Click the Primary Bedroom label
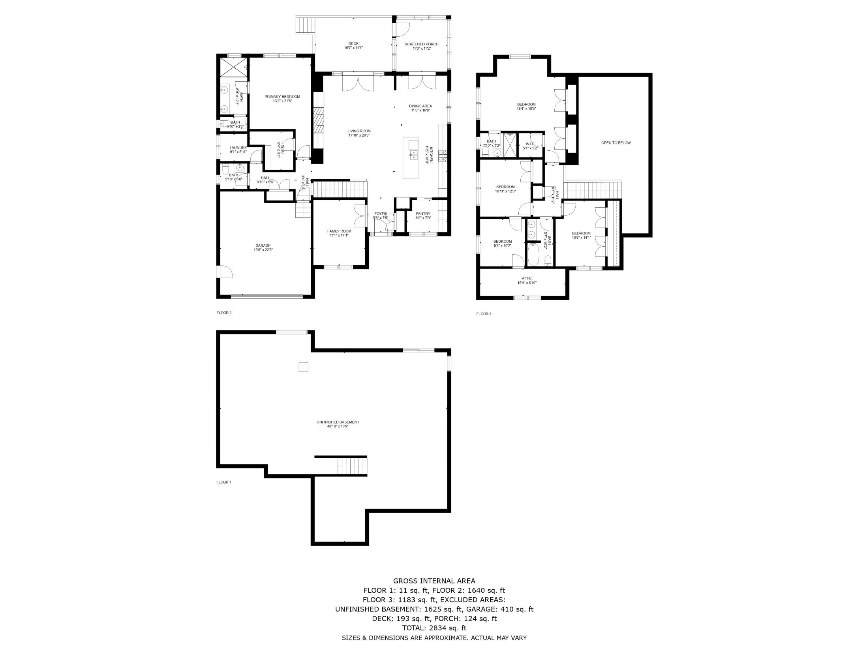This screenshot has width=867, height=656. click(282, 97)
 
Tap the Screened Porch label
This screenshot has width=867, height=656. click(421, 44)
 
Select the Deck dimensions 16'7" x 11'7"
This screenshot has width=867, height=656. click(353, 48)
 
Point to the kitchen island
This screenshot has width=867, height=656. click(410, 158)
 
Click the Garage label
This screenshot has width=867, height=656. click(263, 246)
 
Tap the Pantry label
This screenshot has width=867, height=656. click(423, 214)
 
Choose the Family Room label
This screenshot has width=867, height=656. click(339, 231)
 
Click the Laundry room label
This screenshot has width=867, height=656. click(238, 148)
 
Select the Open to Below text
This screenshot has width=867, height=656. click(616, 143)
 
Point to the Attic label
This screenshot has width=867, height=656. click(527, 279)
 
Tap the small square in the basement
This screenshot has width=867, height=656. click(303, 367)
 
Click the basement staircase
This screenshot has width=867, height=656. click(352, 466)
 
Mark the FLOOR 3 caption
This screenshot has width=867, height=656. click(484, 314)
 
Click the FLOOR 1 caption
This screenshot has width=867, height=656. click(223, 482)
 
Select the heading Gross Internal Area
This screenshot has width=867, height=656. click(434, 581)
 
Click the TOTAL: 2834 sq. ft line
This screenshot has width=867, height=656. click(434, 628)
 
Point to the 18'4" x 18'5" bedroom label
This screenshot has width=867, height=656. click(526, 104)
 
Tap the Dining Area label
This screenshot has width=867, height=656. click(420, 106)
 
